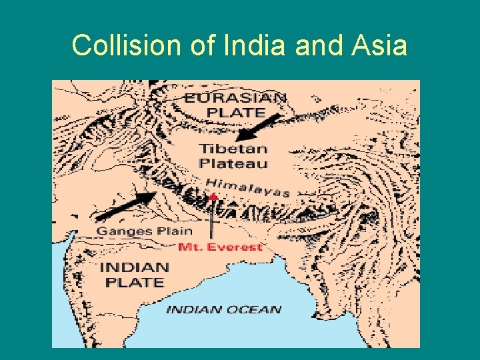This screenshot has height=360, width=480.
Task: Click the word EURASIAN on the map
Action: [x=236, y=98]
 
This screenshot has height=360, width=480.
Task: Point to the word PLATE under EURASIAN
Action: [x=235, y=112]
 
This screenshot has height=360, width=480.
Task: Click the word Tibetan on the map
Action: [x=233, y=149]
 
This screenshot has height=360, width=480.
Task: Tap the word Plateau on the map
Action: [x=233, y=163]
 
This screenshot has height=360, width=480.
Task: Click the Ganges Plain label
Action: [x=144, y=231]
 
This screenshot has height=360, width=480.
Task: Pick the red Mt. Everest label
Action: [x=221, y=247]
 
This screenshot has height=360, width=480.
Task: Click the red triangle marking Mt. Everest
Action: [x=213, y=196]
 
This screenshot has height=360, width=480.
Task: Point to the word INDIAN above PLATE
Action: [x=134, y=267]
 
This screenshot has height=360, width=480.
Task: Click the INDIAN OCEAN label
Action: [x=223, y=309]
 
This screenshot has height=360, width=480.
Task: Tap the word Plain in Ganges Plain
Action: [x=175, y=231]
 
